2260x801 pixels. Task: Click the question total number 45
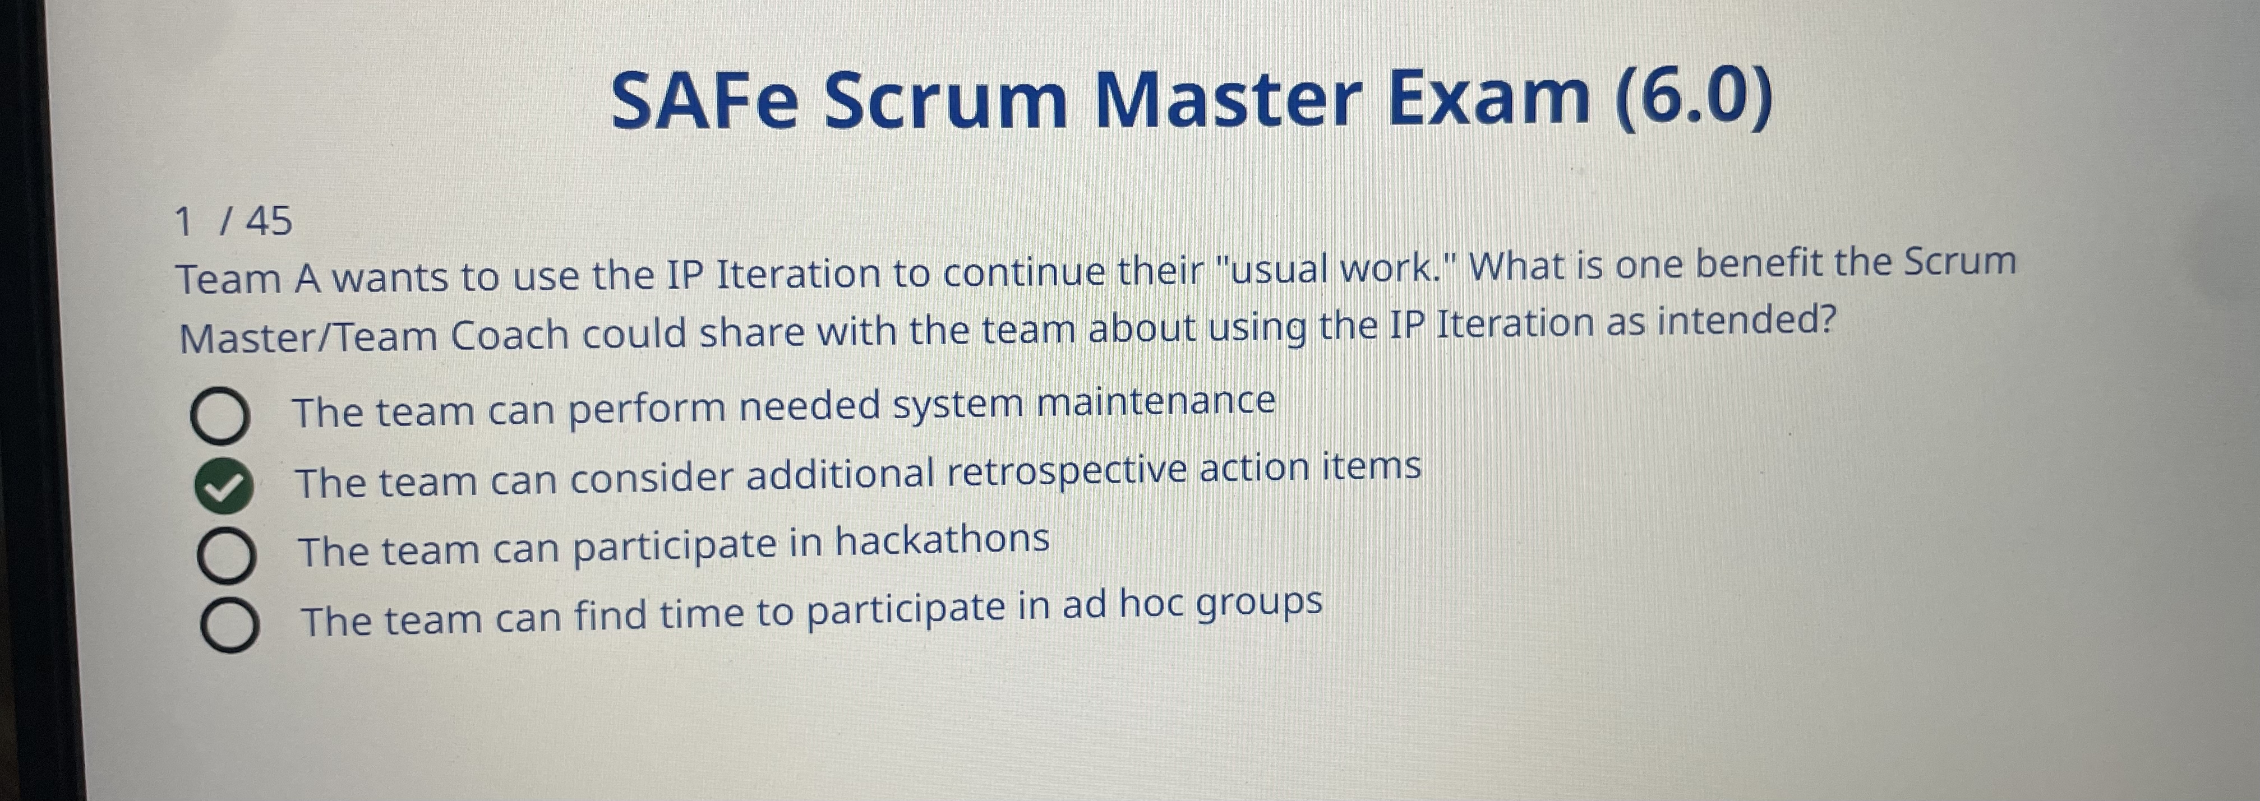(269, 221)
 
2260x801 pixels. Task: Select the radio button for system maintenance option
(219, 416)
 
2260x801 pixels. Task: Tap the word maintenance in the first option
(1155, 402)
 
